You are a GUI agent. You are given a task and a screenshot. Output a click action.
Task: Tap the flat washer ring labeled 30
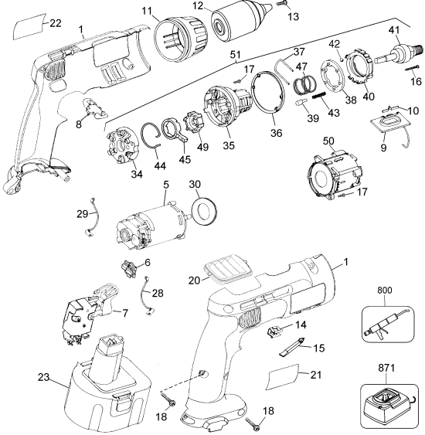(x=206, y=209)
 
